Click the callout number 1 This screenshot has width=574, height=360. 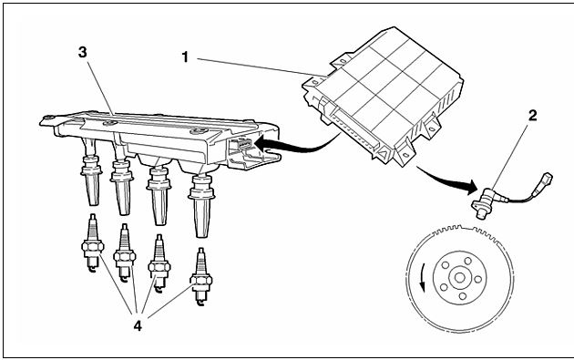186,57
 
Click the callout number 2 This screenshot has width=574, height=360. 532,116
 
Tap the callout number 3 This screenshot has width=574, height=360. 83,52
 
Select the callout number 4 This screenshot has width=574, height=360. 138,325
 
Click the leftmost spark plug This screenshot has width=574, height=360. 92,243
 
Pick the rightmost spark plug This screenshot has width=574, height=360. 200,276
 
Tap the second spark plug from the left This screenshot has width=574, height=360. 125,253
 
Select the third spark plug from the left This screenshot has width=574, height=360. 159,263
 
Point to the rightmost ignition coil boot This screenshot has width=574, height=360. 200,205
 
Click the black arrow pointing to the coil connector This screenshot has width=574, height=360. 297,145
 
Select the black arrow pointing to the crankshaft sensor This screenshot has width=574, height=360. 447,179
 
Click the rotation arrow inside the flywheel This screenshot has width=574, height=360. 422,278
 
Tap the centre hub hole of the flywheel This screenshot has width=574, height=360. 460,278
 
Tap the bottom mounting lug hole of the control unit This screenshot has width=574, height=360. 405,155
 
